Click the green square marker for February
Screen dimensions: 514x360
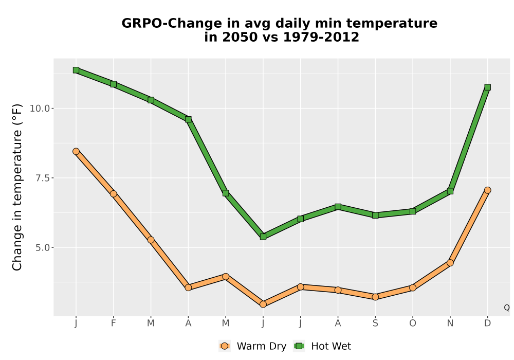pyautogui.click(x=114, y=84)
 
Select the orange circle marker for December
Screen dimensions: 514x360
pyautogui.click(x=487, y=190)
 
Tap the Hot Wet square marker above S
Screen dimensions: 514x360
pyautogui.click(x=375, y=215)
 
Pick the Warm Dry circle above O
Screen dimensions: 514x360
pyautogui.click(x=413, y=288)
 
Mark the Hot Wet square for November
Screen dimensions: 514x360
pyautogui.click(x=450, y=191)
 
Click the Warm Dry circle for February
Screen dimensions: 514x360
pyautogui.click(x=114, y=194)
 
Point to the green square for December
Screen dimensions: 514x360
pyautogui.click(x=487, y=87)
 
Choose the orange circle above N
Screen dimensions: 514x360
pyautogui.click(x=450, y=263)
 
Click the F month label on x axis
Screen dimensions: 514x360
pyautogui.click(x=114, y=323)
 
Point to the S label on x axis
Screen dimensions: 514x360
pyautogui.click(x=375, y=323)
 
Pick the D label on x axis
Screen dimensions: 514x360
pyautogui.click(x=487, y=323)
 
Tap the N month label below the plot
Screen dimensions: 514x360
pyautogui.click(x=450, y=323)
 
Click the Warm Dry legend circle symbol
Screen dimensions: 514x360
pyautogui.click(x=225, y=346)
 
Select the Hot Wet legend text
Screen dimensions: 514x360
pyautogui.click(x=331, y=346)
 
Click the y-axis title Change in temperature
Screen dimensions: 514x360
pyautogui.click(x=17, y=187)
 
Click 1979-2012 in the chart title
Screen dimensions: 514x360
pyautogui.click(x=321, y=37)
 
